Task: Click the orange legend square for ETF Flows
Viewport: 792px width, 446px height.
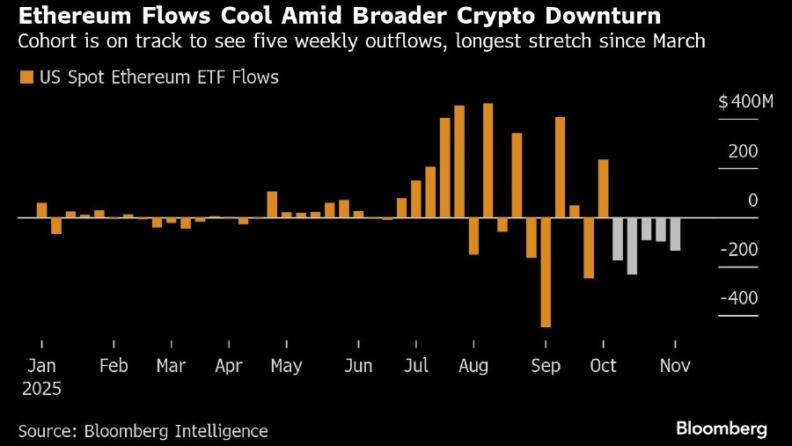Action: pos(25,77)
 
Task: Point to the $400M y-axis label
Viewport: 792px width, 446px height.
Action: pos(745,102)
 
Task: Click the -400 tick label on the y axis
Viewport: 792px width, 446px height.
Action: pos(739,299)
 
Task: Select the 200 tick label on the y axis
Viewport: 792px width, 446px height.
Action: pos(743,151)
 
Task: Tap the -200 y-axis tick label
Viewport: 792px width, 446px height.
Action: pos(739,250)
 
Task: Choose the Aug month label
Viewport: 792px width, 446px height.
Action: pos(473,366)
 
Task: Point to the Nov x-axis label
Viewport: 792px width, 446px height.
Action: pos(674,366)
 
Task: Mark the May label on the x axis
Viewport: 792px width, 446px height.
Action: pos(286,366)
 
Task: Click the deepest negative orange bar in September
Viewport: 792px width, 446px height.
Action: pos(546,273)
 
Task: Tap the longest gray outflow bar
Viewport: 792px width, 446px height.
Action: pos(632,246)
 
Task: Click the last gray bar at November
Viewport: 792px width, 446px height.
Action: pos(675,234)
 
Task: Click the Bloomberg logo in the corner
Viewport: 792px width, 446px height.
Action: pos(722,429)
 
